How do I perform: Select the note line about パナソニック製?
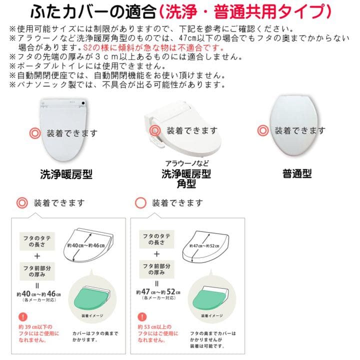115,85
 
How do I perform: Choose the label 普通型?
296,174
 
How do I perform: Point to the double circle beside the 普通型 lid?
263,131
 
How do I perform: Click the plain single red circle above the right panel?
141,203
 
